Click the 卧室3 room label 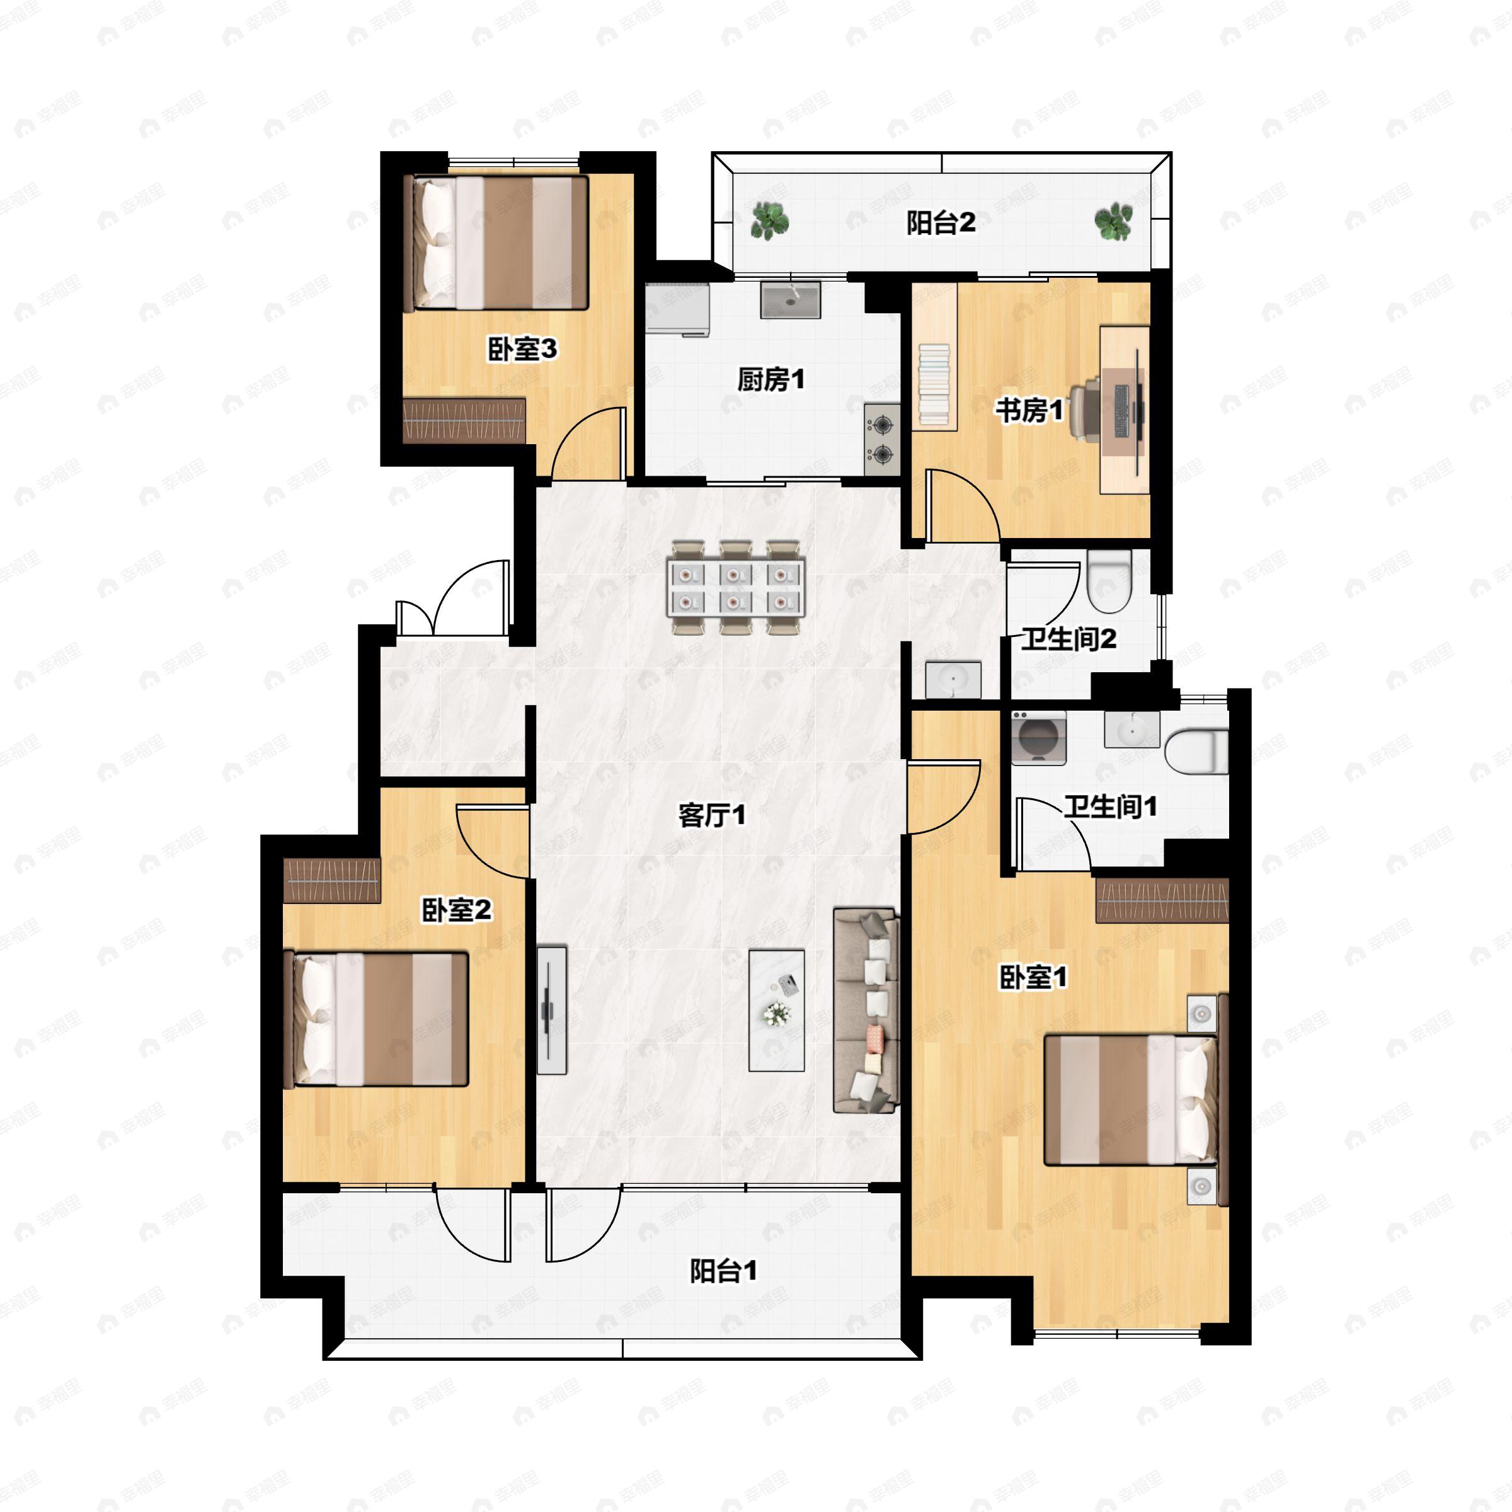pos(522,349)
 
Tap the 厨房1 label pos(771,381)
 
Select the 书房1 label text pos(1029,410)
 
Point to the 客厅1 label pos(712,815)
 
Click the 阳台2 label pos(941,223)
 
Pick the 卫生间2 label pos(1069,639)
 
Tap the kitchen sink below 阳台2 pos(791,300)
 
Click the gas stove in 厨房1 pos(882,439)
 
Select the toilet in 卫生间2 pos(1109,581)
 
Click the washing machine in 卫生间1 pos(1038,737)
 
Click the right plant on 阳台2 pos(1113,222)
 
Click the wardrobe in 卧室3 pos(464,421)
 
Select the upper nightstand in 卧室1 pos(1202,1014)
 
